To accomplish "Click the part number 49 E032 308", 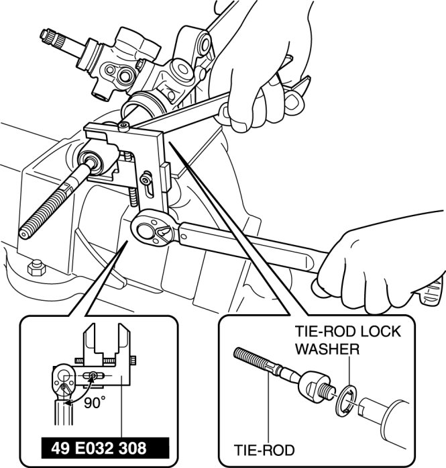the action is click(x=99, y=449).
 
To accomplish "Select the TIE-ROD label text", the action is click(x=264, y=450).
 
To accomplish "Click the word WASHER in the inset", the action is click(x=327, y=348).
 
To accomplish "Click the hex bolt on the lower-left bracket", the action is click(x=37, y=268).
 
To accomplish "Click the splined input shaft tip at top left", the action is click(x=48, y=35).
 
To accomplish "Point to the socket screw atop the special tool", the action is click(x=124, y=126).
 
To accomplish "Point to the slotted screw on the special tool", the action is click(x=146, y=180).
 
